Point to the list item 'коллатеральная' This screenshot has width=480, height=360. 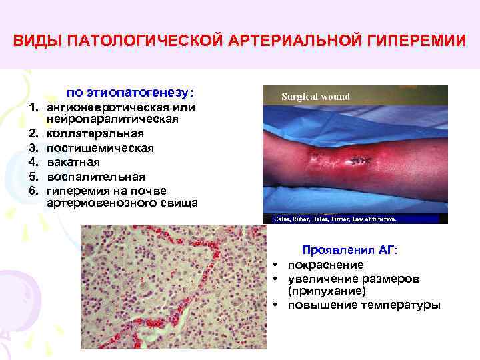point(91,134)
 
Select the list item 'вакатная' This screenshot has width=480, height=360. point(73,162)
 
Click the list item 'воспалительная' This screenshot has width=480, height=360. point(95,177)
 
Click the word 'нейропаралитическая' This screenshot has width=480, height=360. point(112,119)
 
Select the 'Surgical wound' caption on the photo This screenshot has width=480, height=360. point(315,97)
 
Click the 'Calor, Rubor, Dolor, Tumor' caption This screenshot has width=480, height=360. point(331,218)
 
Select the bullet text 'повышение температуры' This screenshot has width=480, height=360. point(364,305)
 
